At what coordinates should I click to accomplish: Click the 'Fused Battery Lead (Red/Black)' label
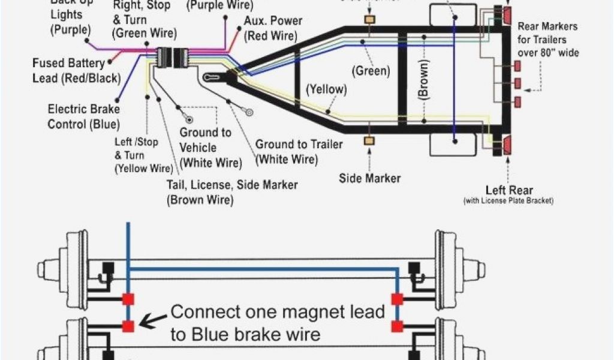[76, 70]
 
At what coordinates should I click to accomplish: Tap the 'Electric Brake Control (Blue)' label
[84, 116]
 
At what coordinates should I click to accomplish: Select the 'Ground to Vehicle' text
[205, 132]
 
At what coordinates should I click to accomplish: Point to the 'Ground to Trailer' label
[299, 144]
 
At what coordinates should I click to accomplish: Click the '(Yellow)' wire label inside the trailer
[326, 90]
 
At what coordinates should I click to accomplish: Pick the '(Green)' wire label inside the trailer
[371, 71]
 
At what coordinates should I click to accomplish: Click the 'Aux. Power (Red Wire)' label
[269, 29]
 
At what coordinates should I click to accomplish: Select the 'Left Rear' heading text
[508, 190]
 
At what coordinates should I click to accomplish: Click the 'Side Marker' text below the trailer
[369, 178]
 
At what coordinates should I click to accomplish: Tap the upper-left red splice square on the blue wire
[127, 299]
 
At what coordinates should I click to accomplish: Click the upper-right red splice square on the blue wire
[396, 299]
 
